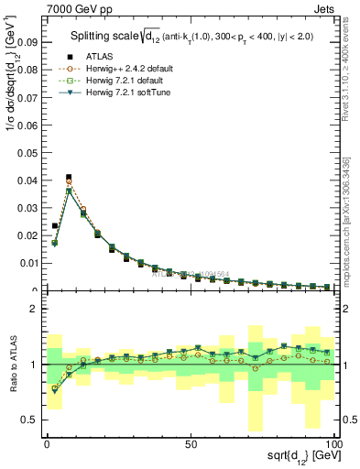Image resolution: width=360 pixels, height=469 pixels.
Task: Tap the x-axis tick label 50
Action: (191, 442)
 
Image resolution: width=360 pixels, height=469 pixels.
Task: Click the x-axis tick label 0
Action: (47, 442)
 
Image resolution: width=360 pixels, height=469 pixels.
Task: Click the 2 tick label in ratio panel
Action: (33, 309)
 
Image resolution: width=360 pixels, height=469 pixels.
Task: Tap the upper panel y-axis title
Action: (10, 82)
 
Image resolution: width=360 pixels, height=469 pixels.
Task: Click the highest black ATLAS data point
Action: (69, 177)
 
